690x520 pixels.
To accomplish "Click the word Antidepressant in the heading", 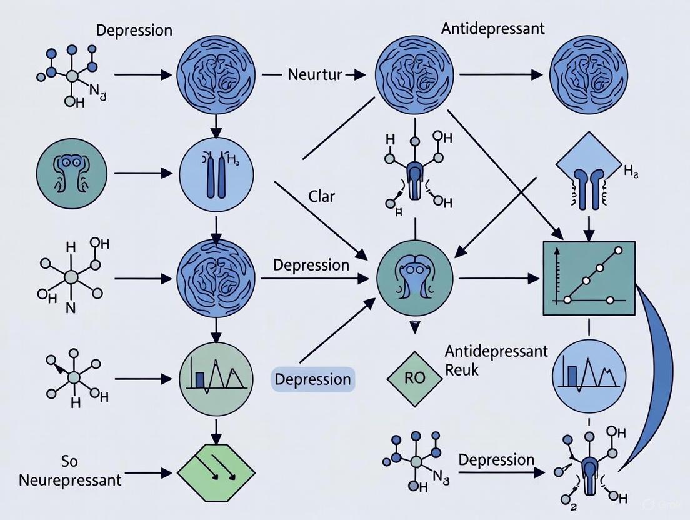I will [x=492, y=29].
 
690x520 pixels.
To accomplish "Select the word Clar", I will [x=322, y=197].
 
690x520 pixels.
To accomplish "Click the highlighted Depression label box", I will [x=312, y=379].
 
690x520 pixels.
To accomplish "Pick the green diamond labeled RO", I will [x=413, y=379].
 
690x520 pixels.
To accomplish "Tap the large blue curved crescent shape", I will [x=656, y=375].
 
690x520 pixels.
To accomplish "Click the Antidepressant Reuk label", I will [x=496, y=360].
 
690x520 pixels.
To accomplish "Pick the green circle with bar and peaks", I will [x=216, y=378].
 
